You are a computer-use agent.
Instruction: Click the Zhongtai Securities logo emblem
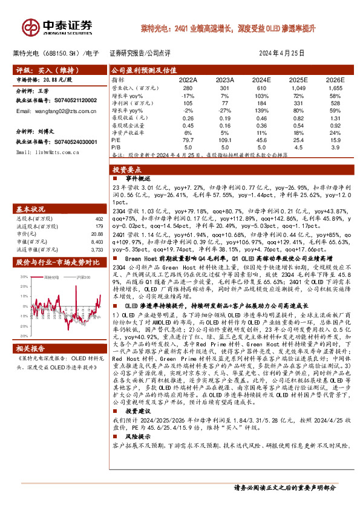pyautogui.click(x=30, y=26)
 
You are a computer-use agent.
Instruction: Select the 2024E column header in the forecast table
pyautogui.click(x=261, y=79)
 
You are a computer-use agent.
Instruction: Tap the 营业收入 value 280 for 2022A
pyautogui.click(x=188, y=88)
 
